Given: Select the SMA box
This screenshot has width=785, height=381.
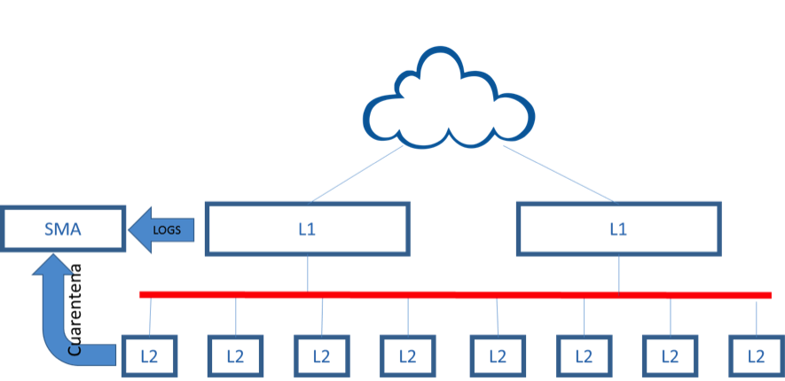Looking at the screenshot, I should point(62,229).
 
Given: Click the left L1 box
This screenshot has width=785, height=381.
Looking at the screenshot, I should point(307,229).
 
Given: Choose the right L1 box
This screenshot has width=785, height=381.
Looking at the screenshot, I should point(617,229).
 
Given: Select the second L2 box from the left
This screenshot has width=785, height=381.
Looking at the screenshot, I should point(234,356).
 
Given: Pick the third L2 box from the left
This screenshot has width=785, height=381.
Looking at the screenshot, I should point(321,356).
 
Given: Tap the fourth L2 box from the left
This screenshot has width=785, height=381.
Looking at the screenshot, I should point(407,356).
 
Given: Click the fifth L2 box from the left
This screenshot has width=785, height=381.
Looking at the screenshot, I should point(497,356).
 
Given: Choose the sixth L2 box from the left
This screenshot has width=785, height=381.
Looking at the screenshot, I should point(583,356).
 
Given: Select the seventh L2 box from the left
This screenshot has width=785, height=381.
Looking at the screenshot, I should point(670,356).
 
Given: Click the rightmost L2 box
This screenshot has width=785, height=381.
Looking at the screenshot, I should point(756,356).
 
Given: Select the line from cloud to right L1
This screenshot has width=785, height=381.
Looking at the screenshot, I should point(559,174).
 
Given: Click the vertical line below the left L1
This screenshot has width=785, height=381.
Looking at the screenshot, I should point(308,273).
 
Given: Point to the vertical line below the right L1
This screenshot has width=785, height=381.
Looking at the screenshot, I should point(618,273).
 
